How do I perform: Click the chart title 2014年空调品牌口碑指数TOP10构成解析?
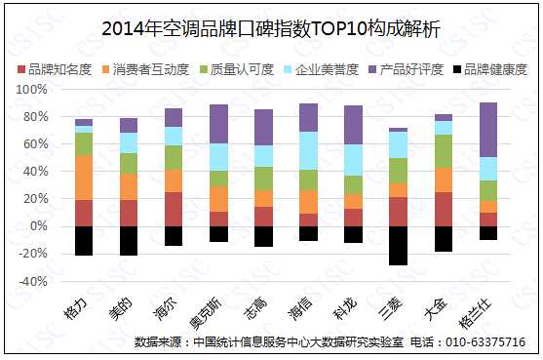pyautogui.click(x=271, y=29)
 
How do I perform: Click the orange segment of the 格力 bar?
pyautogui.click(x=84, y=178)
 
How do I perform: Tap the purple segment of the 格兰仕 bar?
pyautogui.click(x=488, y=129)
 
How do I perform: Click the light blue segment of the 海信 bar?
pyautogui.click(x=308, y=150)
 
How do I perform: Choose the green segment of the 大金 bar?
pyautogui.click(x=444, y=150)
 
